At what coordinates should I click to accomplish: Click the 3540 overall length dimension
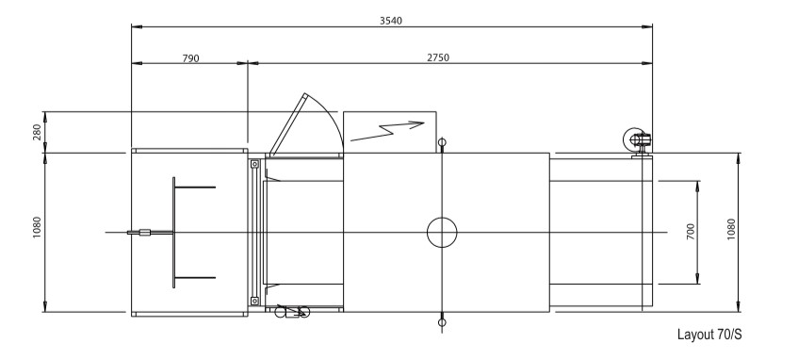click(x=391, y=20)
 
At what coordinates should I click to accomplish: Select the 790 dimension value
click(x=189, y=58)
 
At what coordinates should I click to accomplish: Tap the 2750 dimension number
click(x=436, y=58)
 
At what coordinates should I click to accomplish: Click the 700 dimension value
click(x=691, y=232)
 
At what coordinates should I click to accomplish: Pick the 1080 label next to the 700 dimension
click(x=731, y=232)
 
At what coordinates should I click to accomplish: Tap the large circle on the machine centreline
click(x=441, y=232)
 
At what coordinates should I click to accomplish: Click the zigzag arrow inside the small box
click(x=387, y=129)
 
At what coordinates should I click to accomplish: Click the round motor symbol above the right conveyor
click(x=634, y=140)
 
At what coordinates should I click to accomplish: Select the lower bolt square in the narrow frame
click(x=253, y=301)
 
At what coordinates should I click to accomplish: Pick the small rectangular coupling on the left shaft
click(x=144, y=232)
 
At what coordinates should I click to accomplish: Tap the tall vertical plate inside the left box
click(x=173, y=232)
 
